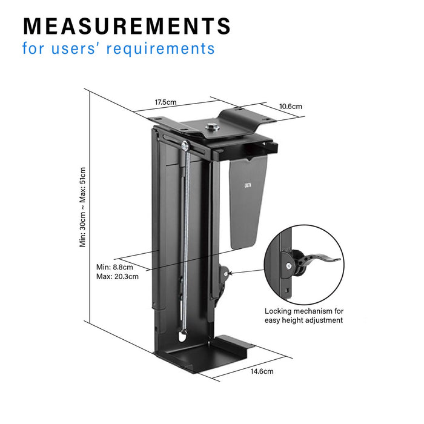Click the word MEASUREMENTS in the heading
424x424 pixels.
pos(127,26)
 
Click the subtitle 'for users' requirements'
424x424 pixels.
pos(119,48)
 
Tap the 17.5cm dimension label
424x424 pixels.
pos(165,102)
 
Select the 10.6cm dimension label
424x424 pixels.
pos(290,106)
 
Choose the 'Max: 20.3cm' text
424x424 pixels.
pos(117,276)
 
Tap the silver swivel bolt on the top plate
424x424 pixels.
pos(213,127)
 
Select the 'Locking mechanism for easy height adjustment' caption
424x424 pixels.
pos(303,316)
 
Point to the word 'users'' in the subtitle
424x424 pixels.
pos(75,48)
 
